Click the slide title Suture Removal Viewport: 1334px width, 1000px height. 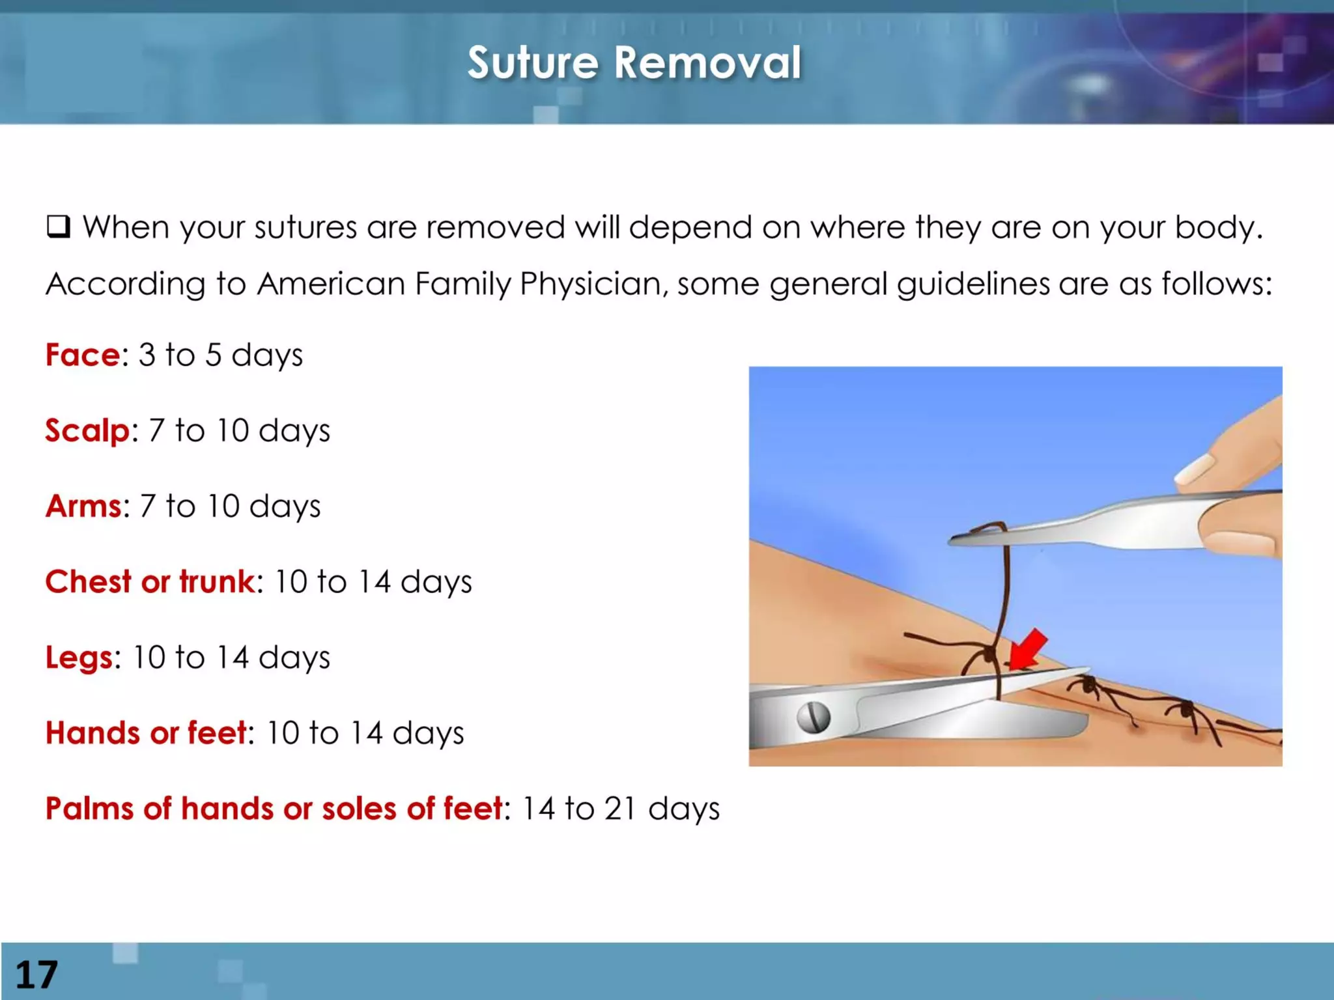634,63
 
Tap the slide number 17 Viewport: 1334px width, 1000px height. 36,975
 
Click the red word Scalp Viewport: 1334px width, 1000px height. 87,431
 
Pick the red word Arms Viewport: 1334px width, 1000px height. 83,507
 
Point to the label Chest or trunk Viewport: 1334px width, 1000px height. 150,582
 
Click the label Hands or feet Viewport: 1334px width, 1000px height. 146,733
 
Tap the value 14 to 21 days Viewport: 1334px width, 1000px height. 620,809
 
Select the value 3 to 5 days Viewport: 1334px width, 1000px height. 220,355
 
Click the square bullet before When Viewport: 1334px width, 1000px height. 58,227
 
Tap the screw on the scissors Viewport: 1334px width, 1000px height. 814,717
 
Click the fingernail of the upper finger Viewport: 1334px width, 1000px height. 1195,469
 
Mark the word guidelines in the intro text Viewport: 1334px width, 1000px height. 973,284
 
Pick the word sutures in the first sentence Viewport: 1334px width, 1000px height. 305,227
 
